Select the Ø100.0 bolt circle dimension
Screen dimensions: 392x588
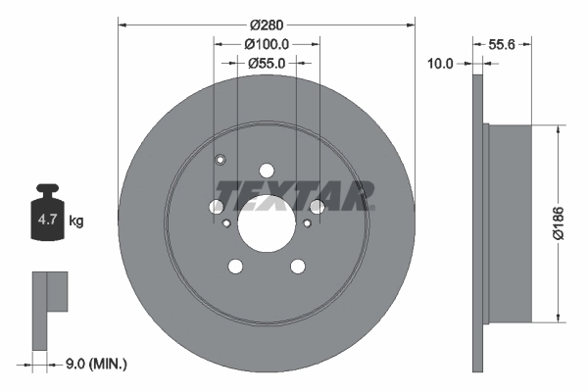point(266,44)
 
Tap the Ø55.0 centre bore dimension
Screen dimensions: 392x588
point(266,63)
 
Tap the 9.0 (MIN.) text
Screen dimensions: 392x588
point(94,364)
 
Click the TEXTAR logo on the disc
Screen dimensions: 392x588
point(295,195)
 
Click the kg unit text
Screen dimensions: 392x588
point(76,221)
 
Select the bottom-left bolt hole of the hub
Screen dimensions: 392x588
point(235,265)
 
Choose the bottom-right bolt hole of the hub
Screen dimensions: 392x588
point(296,265)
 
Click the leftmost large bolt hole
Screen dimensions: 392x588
point(217,206)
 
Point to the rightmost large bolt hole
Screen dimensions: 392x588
point(316,206)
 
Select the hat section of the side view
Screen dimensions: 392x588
point(510,221)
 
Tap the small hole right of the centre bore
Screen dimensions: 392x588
point(307,223)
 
